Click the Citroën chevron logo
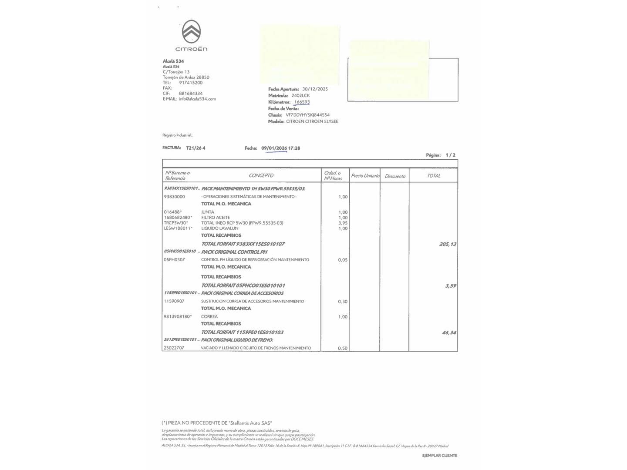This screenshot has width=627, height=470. point(191,31)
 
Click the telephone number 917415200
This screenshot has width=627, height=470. point(190,83)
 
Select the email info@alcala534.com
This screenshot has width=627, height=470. point(197,99)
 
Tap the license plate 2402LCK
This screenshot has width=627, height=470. point(300,95)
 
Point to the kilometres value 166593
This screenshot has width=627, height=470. point(302,102)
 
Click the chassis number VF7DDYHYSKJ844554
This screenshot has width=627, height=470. point(307,115)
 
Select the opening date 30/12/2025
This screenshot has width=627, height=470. point(315,89)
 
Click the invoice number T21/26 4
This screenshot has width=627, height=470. point(196,148)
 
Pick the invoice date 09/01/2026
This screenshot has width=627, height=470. point(274,148)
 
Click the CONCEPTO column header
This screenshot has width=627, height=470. point(261,175)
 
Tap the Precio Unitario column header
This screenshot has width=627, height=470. point(365,176)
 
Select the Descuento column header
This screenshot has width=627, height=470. point(395,176)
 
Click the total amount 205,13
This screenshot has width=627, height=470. point(448,244)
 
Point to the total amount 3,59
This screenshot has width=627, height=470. point(451,286)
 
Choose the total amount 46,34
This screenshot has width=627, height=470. point(449,332)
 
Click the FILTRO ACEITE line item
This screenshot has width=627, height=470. point(216,218)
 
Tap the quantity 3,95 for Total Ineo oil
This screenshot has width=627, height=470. point(343,223)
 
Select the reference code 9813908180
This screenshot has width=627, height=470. point(177,316)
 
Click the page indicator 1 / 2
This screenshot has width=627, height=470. point(450,155)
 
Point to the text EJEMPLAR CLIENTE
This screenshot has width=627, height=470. point(439,456)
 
